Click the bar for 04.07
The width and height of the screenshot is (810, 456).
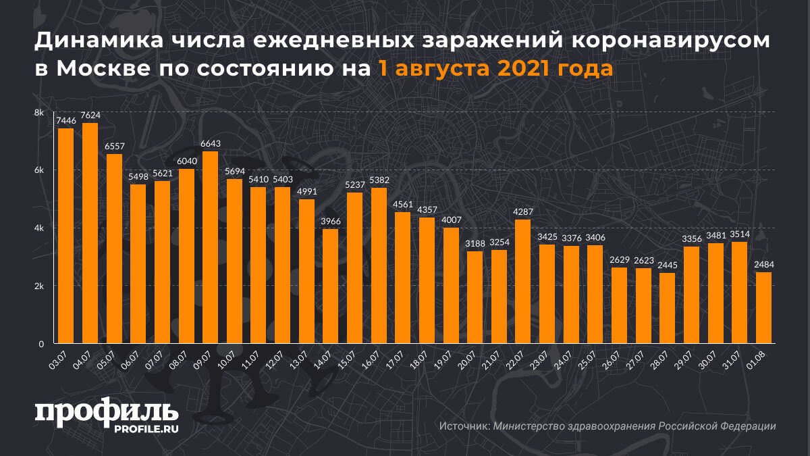pos(90,233)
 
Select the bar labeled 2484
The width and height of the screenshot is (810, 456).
pos(763,307)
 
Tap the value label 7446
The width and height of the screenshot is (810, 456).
pos(65,121)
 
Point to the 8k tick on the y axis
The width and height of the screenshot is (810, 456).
pos(40,112)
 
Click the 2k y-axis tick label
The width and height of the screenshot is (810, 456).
pos(40,286)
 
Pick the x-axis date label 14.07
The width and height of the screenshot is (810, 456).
pos(325,357)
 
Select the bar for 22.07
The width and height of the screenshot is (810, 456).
pos(522,281)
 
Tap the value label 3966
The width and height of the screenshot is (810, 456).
pos(331,222)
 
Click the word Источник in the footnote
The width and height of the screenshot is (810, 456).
pos(464,426)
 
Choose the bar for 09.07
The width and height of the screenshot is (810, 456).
pos(210,247)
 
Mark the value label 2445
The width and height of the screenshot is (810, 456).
pos(667,265)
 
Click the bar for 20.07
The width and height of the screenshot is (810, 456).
pos(475,297)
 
